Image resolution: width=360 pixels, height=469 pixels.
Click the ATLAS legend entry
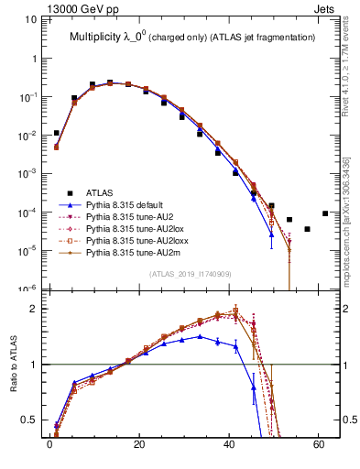pyautogui.click(x=100, y=193)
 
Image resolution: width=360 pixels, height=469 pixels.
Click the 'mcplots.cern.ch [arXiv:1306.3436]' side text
pyautogui.click(x=350, y=211)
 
